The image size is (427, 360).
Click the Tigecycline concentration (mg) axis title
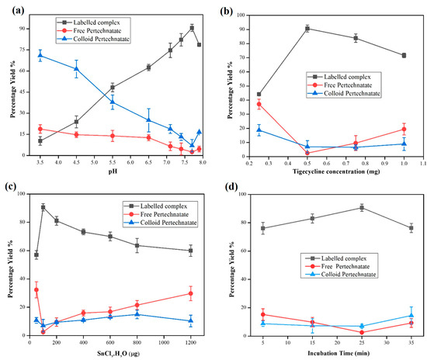pos(334,171)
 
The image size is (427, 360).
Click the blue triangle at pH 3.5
pos(40,55)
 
